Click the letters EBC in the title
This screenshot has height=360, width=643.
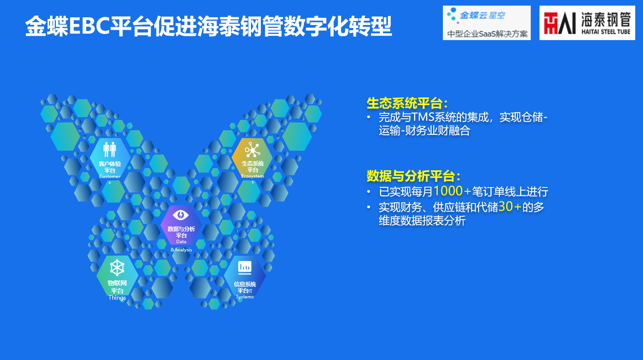(x=89, y=26)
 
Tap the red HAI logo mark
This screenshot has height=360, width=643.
(x=560, y=23)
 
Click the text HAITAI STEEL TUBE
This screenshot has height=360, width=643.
(x=606, y=32)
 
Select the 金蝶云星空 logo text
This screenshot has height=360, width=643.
(x=482, y=15)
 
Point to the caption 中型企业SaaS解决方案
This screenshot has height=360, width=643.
(x=487, y=34)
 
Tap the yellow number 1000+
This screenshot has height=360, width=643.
(x=452, y=191)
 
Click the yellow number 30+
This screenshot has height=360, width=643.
(x=510, y=207)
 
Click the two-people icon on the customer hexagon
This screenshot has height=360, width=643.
(x=110, y=149)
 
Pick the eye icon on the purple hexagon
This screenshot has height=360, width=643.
(x=181, y=215)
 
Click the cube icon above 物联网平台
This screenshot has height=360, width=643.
(x=117, y=268)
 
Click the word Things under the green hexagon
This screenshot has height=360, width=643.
(x=117, y=298)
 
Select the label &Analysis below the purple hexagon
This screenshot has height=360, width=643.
(x=181, y=250)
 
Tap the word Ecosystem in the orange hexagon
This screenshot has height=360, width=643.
(x=253, y=176)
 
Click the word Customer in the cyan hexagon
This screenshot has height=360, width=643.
(x=110, y=177)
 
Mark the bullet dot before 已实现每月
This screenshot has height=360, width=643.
(x=369, y=192)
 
